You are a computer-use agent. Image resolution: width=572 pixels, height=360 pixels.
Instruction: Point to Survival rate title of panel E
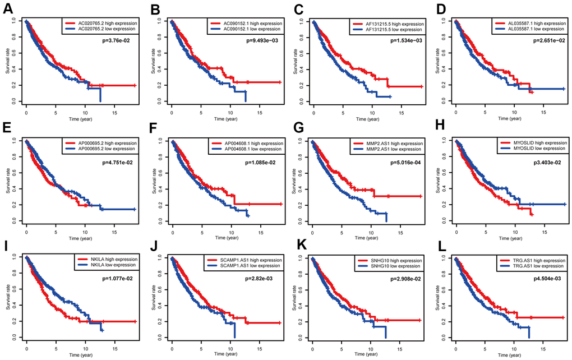7,179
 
